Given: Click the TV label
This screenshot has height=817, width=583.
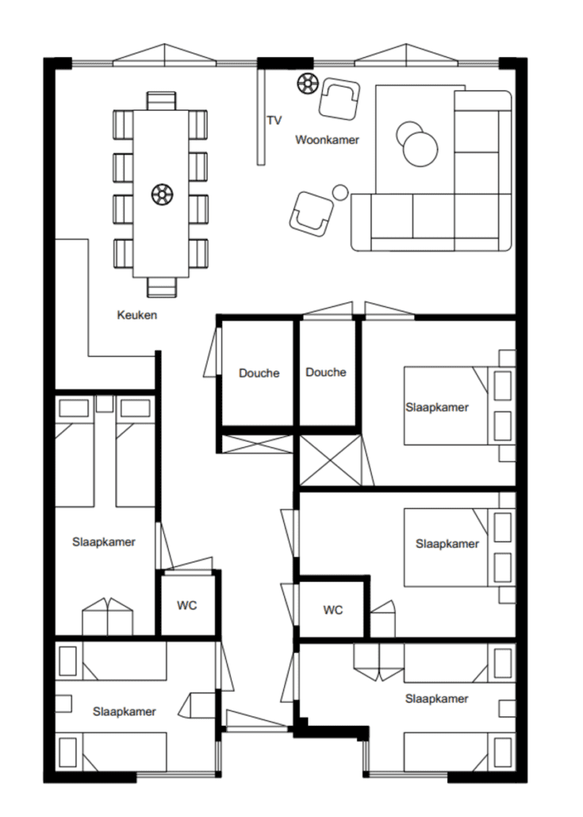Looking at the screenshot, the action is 274,121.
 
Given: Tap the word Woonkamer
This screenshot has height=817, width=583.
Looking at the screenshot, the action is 327,140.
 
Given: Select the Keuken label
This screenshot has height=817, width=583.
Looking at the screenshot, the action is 136,315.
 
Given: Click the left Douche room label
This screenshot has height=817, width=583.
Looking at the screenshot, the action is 259,373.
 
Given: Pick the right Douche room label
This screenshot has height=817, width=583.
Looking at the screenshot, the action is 326,372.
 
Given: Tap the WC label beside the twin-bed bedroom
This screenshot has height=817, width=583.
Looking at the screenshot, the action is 186,605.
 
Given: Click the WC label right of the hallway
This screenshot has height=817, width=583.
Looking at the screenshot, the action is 333,610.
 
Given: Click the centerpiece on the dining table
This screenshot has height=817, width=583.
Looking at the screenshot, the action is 162,194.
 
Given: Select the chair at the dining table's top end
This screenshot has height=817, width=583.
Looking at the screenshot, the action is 161,101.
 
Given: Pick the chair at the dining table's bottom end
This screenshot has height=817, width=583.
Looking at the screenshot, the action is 161,287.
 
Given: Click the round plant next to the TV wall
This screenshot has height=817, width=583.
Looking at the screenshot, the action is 308,83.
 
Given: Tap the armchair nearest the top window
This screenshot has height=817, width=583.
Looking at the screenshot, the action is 339,98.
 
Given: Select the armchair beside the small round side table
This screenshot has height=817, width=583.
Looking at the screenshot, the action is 311,213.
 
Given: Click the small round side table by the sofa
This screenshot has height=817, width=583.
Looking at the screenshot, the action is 340,192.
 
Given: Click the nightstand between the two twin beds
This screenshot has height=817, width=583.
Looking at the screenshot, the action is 105,404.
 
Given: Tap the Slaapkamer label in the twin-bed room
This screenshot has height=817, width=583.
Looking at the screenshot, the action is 104,542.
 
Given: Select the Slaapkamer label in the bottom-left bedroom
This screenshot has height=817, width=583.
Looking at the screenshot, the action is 124,712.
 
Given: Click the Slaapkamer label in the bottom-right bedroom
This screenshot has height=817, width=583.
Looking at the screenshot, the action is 436,699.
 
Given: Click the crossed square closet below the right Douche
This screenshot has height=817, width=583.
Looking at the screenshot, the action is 330,461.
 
